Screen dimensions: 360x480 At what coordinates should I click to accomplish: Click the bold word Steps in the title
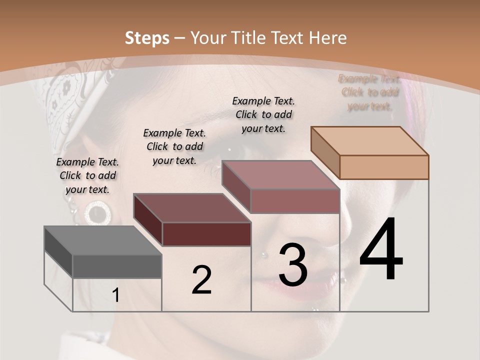pos(147,38)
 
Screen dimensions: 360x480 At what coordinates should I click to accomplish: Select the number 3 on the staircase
pos(293,265)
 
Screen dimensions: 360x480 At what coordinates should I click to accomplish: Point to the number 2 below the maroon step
pos(201,280)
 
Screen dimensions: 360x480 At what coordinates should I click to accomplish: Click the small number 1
pos(116,295)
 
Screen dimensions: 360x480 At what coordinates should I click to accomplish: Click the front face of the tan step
pos(384,167)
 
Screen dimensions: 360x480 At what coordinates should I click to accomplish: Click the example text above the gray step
pos(87,176)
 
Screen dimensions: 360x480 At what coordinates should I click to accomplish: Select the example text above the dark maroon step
pos(174,146)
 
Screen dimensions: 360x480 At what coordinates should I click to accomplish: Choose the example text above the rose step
pos(263,114)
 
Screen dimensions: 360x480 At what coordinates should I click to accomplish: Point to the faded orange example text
pos(369,92)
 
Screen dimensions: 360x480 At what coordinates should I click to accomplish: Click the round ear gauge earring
pos(97,213)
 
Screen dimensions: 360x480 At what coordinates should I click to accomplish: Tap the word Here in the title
pos(327,38)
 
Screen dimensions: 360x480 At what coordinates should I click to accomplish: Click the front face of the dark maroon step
pos(206,234)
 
